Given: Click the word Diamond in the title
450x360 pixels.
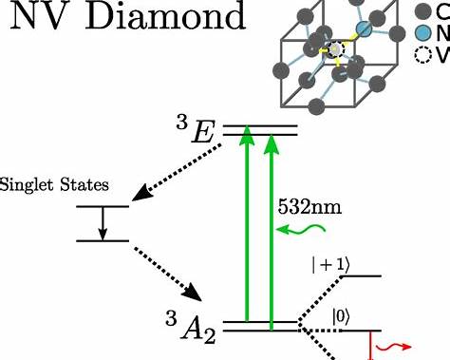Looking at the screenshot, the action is [x=165, y=16].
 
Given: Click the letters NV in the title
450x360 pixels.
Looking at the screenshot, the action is [x=42, y=16].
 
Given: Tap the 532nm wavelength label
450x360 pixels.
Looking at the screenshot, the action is [x=309, y=207].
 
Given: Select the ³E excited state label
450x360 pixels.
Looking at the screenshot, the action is [x=196, y=130].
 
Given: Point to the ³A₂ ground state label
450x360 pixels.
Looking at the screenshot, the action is [x=191, y=328].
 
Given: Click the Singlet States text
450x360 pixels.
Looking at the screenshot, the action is [x=54, y=184].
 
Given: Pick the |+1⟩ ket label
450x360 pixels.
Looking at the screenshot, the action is [x=331, y=265].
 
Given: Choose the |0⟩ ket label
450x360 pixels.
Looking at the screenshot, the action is [x=341, y=317].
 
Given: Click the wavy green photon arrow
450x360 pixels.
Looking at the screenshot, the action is [x=301, y=229].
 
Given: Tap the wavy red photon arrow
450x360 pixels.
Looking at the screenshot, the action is [x=393, y=347].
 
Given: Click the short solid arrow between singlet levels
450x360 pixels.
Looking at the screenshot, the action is [x=103, y=223].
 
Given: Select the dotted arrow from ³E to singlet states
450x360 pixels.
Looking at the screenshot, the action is [x=177, y=173].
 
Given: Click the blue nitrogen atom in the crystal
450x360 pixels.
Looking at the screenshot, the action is [x=364, y=29].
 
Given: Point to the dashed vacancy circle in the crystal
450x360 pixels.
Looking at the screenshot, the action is [x=335, y=49].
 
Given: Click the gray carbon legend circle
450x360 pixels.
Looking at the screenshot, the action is [x=423, y=11].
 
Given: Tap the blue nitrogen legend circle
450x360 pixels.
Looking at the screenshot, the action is [x=423, y=33].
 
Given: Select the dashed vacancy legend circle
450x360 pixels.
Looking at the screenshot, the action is [x=423, y=54].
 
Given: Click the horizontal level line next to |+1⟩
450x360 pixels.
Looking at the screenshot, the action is [x=362, y=276].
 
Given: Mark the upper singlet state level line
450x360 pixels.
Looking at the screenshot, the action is [x=103, y=206].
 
